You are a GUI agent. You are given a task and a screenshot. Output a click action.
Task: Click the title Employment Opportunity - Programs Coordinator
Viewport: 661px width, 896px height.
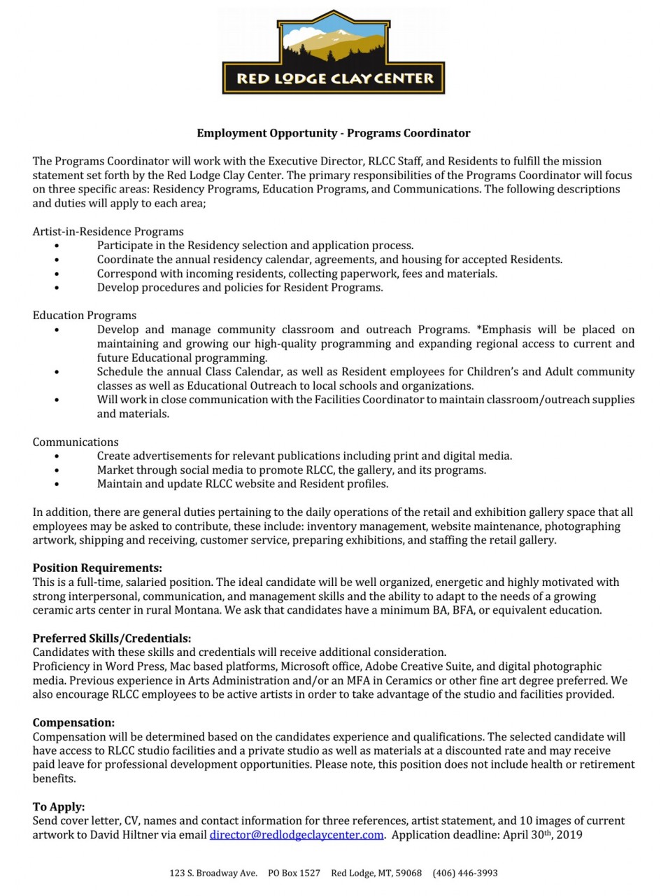pos(333,133)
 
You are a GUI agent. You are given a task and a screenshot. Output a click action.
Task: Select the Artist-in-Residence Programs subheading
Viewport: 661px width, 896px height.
pos(108,231)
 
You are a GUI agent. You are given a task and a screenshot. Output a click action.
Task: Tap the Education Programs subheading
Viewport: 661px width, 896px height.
pos(85,315)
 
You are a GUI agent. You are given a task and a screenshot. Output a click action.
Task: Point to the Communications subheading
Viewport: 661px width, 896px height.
pos(76,442)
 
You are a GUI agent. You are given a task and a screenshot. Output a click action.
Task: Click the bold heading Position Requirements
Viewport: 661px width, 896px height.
pos(97,568)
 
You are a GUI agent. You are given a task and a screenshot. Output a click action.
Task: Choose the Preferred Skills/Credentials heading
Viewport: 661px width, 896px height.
pos(112,638)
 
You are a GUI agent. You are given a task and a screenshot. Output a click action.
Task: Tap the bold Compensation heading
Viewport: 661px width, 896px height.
pos(73,722)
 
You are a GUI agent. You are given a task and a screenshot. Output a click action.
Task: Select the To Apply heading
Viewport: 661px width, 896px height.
pos(59,806)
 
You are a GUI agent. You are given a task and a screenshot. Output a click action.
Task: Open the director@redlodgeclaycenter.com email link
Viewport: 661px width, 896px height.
pos(297,834)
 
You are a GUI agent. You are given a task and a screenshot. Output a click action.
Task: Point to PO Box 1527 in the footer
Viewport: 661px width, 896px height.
pos(294,873)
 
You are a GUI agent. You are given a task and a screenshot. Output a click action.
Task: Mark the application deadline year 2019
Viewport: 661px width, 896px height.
pos(570,834)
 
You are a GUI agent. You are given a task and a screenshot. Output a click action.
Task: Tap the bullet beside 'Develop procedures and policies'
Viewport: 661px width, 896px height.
pos(56,287)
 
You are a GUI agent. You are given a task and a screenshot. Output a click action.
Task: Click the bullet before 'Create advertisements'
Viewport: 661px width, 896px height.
pos(56,456)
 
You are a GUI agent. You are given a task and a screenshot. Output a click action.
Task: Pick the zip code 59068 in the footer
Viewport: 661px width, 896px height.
pos(408,873)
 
